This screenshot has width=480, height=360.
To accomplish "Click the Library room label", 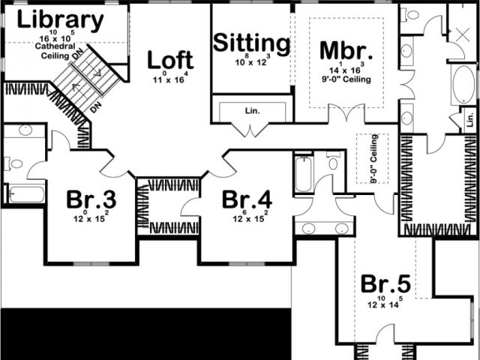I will click(61, 20).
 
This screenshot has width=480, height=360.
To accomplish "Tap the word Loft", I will click(170, 60).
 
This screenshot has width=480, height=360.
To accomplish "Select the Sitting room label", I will click(252, 43).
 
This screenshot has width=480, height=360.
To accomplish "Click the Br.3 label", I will click(91, 200).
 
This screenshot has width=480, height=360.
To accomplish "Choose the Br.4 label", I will click(246, 200).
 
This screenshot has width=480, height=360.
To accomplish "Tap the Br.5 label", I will click(385, 284).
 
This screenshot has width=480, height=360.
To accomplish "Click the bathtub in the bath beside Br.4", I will click(303, 175).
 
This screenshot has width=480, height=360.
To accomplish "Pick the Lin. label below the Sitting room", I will click(251, 111).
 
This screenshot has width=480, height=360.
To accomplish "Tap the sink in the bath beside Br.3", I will click(24, 130).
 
